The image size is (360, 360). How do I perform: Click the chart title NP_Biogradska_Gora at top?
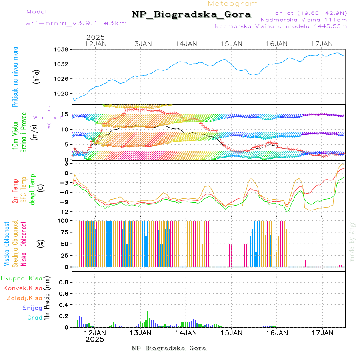pyautogui.click(x=191, y=15)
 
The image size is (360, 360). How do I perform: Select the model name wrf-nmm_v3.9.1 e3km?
pyautogui.click(x=76, y=23)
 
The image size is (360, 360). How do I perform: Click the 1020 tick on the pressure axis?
pyautogui.click(x=62, y=93)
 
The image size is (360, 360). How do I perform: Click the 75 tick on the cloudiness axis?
pyautogui.click(x=64, y=232)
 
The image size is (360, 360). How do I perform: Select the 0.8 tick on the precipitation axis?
pyautogui.click(x=64, y=282)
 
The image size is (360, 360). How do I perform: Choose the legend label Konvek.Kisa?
pyautogui.click(x=22, y=288)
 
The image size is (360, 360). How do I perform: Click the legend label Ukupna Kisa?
pyautogui.click(x=22, y=278)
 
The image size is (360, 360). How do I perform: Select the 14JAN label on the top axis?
pyautogui.click(x=186, y=44)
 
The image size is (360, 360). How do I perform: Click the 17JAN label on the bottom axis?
pyautogui.click(x=322, y=332)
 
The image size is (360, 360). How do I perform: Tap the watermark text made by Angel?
pyautogui.click(x=352, y=240)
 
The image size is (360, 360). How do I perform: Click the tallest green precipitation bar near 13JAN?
pyautogui.click(x=148, y=319)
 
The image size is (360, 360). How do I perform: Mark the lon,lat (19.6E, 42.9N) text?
pyautogui.click(x=310, y=12)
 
